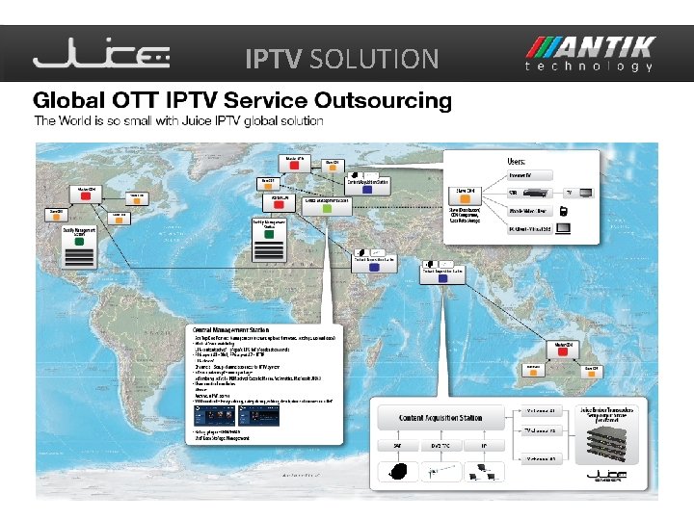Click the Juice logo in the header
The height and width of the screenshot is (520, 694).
click(101, 58)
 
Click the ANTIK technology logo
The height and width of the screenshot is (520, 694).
click(590, 55)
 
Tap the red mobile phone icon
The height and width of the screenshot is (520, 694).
click(562, 211)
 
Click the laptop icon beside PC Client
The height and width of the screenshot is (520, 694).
click(565, 229)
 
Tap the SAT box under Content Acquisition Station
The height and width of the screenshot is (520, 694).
click(396, 446)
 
